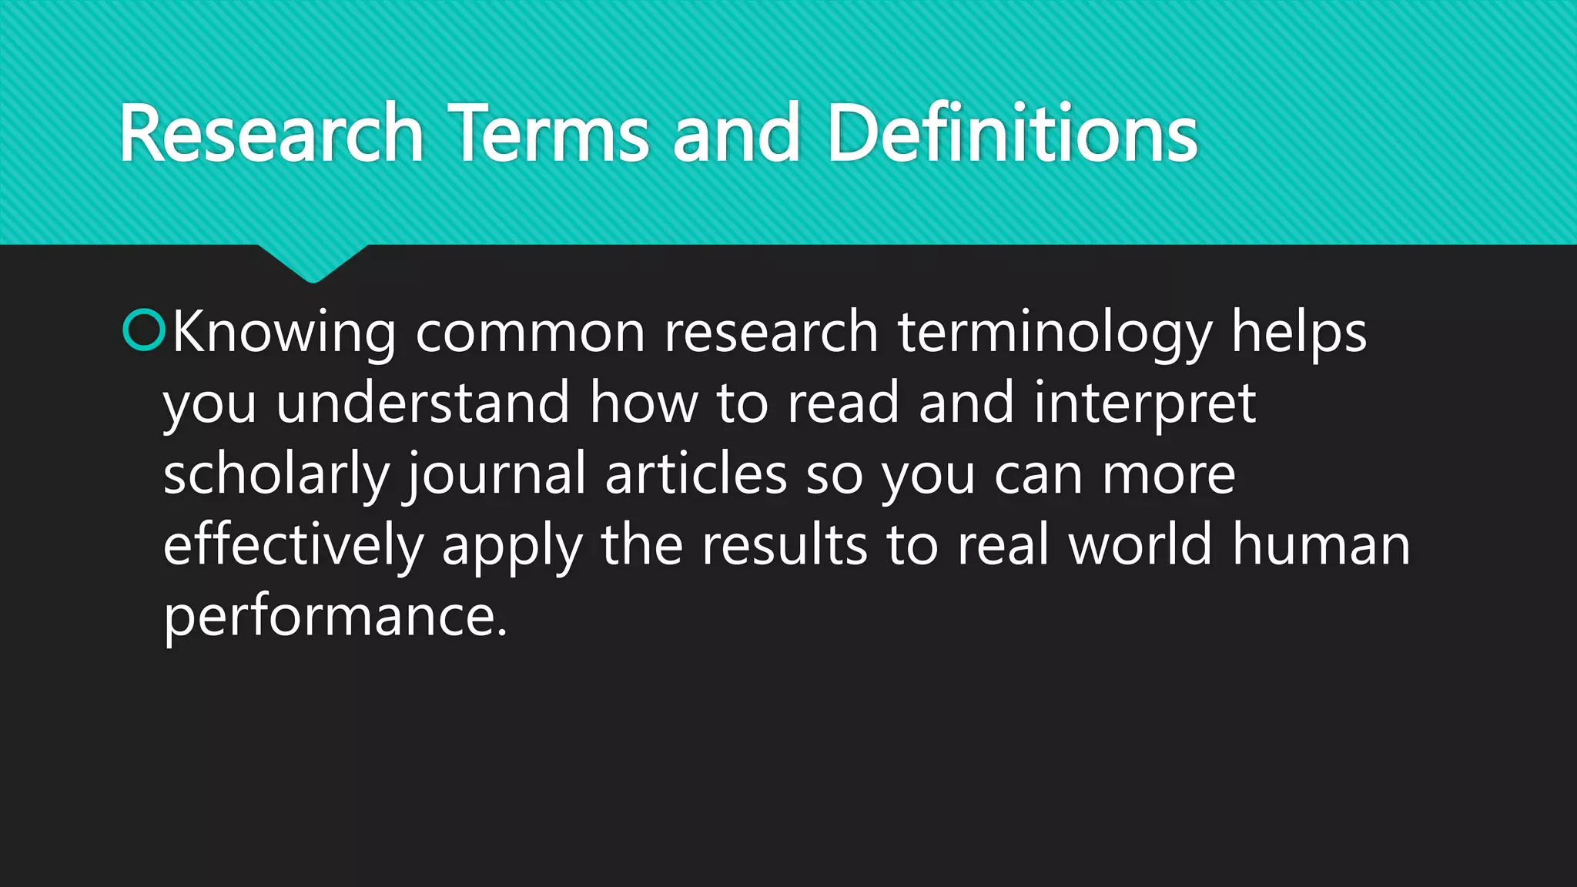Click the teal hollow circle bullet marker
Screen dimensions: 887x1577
[x=144, y=330]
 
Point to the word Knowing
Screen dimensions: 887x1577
[x=283, y=333]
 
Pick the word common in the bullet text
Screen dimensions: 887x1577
[x=530, y=333]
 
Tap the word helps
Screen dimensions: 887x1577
[x=1298, y=333]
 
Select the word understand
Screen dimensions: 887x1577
[x=423, y=403]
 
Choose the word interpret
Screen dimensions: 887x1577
[x=1144, y=403]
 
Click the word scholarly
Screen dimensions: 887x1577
[x=276, y=474]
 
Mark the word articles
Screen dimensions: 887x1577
[x=696, y=474]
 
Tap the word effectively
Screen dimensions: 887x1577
[x=293, y=545]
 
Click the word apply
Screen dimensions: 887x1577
[x=512, y=545]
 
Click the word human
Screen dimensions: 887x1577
[x=1321, y=545]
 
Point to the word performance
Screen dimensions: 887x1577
[x=335, y=616]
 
